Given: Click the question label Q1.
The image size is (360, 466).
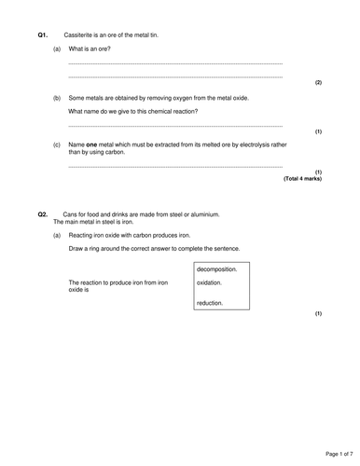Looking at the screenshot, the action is tap(43, 34).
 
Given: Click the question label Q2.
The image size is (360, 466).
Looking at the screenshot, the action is tap(43, 214).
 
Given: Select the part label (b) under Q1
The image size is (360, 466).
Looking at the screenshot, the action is tap(58, 97).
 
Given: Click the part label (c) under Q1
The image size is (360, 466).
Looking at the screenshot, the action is tap(58, 144).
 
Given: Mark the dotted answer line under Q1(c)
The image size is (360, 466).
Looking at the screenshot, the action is tap(175, 167).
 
